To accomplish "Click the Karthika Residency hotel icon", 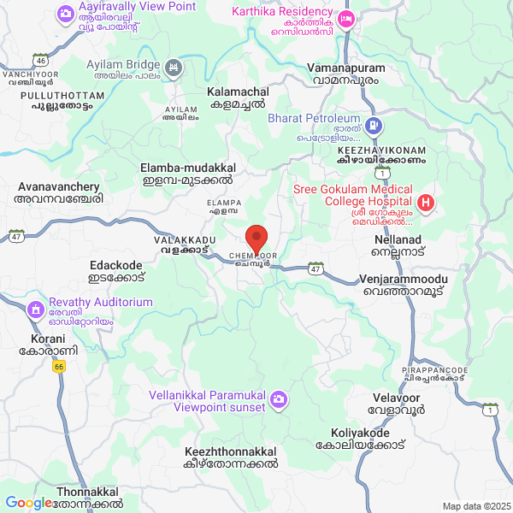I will (x=345, y=18).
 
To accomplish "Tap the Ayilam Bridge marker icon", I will (x=174, y=66).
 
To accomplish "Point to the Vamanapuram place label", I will (x=349, y=73).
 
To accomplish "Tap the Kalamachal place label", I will (x=238, y=97).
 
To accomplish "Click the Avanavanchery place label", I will (x=58, y=192).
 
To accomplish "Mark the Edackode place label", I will (x=117, y=272).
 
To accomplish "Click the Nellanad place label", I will (x=395, y=248).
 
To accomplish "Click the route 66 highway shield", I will (x=58, y=367).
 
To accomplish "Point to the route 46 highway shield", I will (x=40, y=61).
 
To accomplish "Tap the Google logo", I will (x=28, y=503).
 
